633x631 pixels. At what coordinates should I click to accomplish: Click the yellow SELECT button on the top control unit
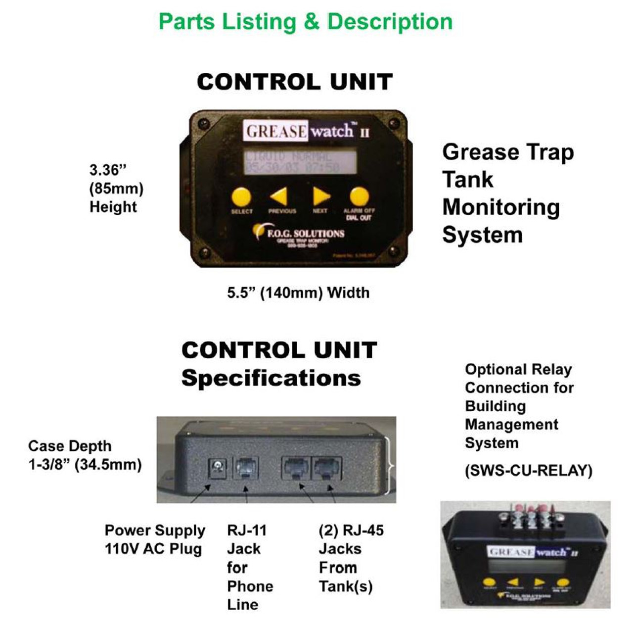pos(241,196)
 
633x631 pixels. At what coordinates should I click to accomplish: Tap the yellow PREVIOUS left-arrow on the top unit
pos(279,197)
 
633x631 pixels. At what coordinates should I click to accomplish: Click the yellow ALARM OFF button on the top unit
pos(360,196)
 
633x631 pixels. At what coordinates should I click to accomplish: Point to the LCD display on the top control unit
pos(300,162)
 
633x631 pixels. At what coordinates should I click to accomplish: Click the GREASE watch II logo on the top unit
pos(307,131)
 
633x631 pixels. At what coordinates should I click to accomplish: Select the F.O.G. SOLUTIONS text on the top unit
pos(305,233)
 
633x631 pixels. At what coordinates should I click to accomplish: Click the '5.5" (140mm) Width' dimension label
pos(298,293)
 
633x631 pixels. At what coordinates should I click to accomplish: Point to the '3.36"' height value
pos(108,170)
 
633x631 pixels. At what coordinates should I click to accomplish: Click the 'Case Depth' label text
pos(70,446)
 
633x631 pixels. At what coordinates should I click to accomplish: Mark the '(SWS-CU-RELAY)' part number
pos(528,470)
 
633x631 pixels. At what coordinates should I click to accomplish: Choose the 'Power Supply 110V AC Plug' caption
pos(154,539)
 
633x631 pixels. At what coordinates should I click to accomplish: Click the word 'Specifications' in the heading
pos(271,379)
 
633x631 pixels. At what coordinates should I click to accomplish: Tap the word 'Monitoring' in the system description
pos(500,207)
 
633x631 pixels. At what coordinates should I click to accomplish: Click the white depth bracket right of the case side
pos(392,466)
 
